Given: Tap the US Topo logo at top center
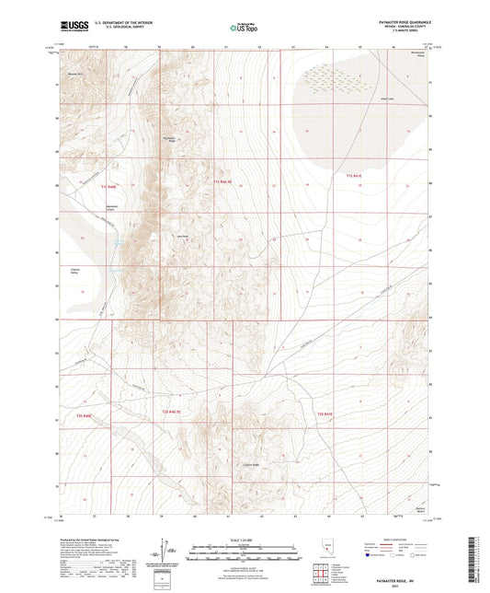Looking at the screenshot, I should click(241, 29).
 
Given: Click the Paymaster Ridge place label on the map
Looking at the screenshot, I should click(168, 139).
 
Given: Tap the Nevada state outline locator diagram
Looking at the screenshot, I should click(327, 549).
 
